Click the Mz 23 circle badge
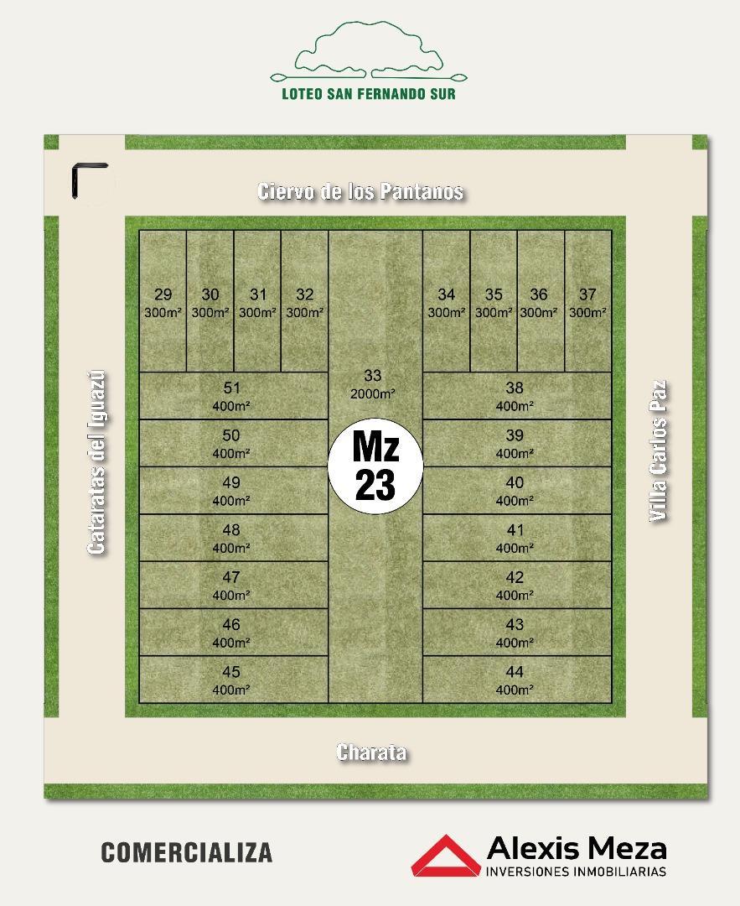click(x=375, y=466)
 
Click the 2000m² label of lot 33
click(x=373, y=393)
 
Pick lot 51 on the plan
click(x=232, y=395)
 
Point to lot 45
click(x=232, y=679)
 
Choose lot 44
click(x=515, y=679)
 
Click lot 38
click(x=515, y=395)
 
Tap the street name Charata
click(x=371, y=752)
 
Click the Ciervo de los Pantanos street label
click(x=360, y=191)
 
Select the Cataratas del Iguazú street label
click(x=97, y=461)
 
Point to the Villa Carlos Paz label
click(x=660, y=451)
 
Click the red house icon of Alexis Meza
click(x=444, y=856)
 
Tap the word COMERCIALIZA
click(x=187, y=852)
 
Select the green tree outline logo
click(x=369, y=52)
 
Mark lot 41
click(x=515, y=538)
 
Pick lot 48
click(x=232, y=538)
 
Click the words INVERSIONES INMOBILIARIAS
click(x=577, y=872)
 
